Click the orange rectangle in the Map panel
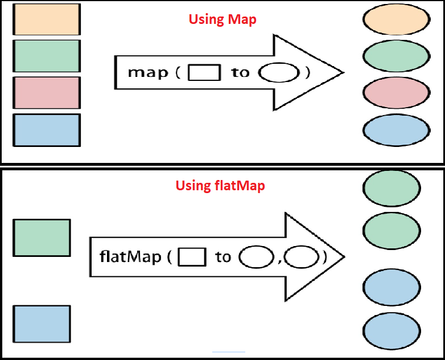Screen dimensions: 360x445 47,19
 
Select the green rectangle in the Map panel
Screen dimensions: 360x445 47,56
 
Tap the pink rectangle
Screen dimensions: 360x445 47,93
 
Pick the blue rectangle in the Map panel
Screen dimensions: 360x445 47,130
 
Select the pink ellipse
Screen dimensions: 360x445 395,92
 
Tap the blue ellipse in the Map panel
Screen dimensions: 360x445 395,130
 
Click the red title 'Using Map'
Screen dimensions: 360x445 222,20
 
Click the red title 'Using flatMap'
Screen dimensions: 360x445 220,186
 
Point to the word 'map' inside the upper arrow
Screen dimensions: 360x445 148,73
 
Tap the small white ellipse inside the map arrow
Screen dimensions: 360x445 278,73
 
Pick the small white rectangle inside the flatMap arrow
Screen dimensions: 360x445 192,257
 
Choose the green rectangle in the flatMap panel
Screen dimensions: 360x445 42,238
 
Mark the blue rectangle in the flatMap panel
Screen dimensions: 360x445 42,324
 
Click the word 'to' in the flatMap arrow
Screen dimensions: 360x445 223,257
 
